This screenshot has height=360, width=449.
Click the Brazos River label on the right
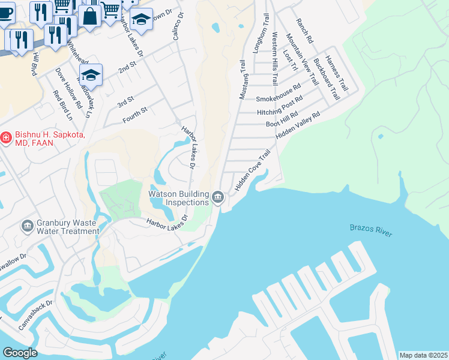pos(371,230)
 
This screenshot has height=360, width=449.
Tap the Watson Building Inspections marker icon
pos(218,197)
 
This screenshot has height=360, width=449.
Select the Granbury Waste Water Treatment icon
pos(27,226)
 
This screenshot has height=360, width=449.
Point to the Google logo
pos(20,353)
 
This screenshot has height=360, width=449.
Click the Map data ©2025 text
pos(423,355)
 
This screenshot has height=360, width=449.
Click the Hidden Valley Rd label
pos(298,126)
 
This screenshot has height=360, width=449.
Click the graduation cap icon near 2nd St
pos(91,75)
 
